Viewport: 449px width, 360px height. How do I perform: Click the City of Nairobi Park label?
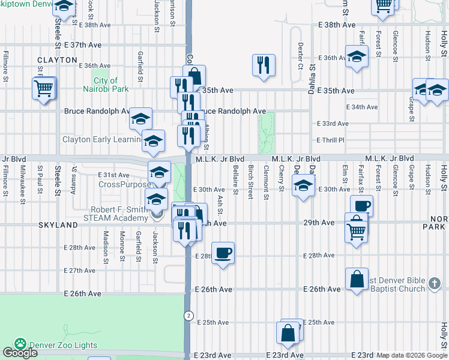click(x=106, y=85)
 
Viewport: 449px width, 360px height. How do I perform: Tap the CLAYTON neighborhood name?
click(x=58, y=60)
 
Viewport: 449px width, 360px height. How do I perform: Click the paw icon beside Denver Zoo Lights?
click(x=20, y=344)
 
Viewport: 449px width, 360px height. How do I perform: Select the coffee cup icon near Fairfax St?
click(x=361, y=206)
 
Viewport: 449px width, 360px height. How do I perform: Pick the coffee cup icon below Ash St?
click(x=223, y=253)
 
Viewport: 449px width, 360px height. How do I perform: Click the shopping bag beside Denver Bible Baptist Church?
click(x=357, y=279)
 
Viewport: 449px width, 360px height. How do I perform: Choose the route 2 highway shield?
click(x=188, y=316)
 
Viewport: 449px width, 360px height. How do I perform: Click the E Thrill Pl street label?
click(x=332, y=140)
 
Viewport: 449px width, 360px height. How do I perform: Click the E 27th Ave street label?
click(x=82, y=271)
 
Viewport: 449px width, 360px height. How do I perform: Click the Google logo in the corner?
click(x=20, y=353)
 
